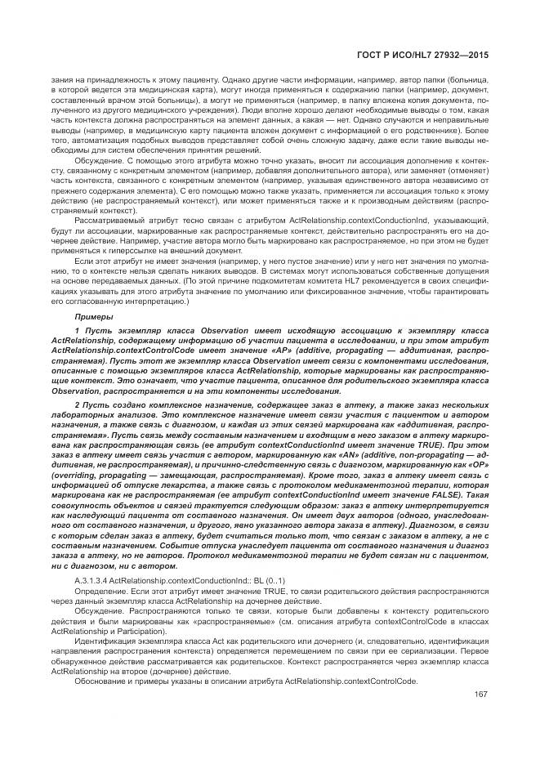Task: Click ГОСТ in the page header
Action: [x=371, y=54]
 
